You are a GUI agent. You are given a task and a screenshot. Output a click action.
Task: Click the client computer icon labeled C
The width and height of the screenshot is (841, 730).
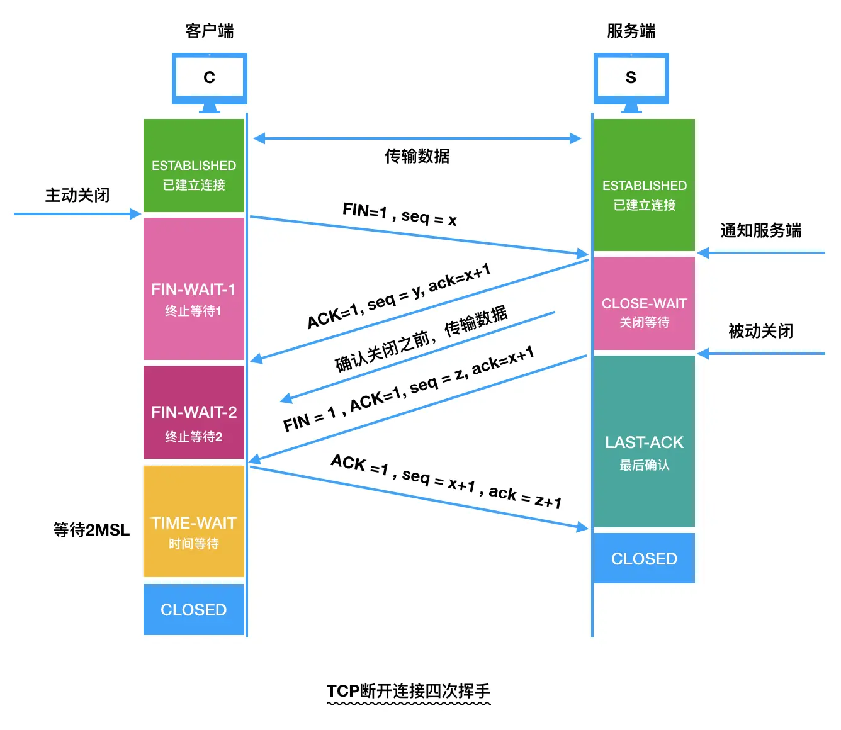(x=209, y=79)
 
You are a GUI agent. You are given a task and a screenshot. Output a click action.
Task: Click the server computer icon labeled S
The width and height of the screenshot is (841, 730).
(x=631, y=79)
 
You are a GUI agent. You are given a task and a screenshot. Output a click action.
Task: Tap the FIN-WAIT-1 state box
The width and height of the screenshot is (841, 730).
(x=193, y=289)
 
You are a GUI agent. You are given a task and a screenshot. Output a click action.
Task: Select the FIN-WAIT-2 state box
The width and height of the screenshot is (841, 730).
(x=193, y=413)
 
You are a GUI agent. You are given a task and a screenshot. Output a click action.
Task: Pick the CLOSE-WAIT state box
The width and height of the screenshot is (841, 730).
(x=644, y=304)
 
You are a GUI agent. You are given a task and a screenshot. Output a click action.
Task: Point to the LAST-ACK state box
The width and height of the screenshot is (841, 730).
(x=644, y=442)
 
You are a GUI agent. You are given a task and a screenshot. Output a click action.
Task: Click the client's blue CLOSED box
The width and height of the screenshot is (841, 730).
(x=193, y=610)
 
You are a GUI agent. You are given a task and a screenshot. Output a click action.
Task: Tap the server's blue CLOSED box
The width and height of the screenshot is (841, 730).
(x=644, y=559)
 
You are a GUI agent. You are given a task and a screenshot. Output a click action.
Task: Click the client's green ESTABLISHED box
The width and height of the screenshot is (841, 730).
(x=193, y=166)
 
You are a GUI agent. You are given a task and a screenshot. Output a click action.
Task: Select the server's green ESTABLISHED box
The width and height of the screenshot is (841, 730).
(x=644, y=186)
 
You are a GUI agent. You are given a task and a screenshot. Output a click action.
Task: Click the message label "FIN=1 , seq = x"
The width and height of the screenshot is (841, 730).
(x=400, y=215)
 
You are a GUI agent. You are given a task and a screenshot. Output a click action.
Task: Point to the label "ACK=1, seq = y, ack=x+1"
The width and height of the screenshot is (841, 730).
(x=398, y=296)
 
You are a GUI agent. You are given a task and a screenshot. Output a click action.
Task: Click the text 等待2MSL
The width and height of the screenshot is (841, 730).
(x=91, y=530)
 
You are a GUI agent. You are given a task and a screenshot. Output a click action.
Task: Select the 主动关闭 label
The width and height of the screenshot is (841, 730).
(x=77, y=195)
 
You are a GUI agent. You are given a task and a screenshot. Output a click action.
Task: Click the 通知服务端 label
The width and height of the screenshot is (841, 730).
(x=760, y=230)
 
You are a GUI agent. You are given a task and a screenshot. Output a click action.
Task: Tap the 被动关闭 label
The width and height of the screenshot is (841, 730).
(x=760, y=331)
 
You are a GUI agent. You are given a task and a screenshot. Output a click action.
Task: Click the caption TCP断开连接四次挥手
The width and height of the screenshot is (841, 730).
(x=409, y=691)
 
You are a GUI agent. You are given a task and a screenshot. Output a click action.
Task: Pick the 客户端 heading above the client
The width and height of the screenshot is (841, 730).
(x=209, y=31)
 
